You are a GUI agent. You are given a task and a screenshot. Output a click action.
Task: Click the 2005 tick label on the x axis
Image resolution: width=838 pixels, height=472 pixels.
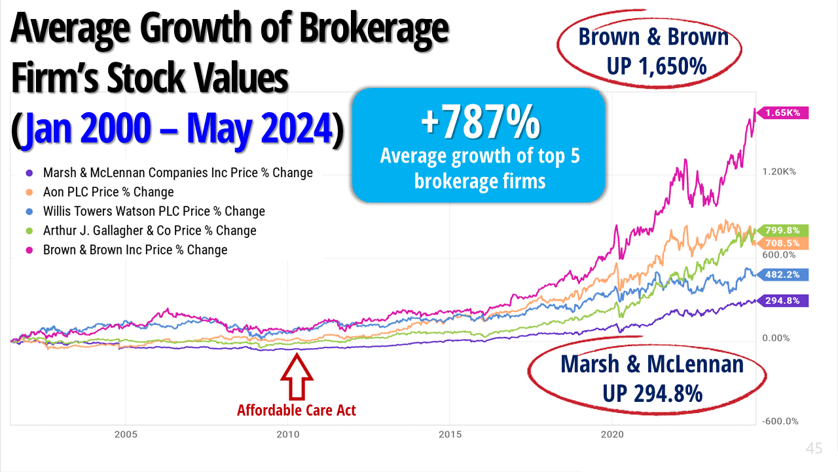[125, 434]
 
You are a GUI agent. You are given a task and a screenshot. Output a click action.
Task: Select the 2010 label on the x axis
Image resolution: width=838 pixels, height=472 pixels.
[287, 434]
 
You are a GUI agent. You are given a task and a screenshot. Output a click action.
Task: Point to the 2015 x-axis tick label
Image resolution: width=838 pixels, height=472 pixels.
[450, 434]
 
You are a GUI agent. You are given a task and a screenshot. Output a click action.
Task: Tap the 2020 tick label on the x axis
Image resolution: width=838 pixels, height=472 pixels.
[612, 434]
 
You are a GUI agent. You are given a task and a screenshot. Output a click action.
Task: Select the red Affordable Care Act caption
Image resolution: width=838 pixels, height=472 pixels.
[297, 411]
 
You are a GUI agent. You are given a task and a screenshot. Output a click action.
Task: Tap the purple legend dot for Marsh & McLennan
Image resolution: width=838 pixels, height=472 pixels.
[28, 173]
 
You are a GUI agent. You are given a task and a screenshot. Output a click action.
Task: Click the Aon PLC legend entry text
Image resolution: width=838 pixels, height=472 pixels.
[109, 192]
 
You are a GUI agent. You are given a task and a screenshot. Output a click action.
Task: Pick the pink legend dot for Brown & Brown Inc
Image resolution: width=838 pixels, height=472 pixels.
[28, 250]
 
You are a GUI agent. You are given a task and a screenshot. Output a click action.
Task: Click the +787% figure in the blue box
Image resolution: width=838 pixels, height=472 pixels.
[481, 124]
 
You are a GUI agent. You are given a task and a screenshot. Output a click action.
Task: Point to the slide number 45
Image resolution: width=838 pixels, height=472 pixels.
[814, 449]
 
